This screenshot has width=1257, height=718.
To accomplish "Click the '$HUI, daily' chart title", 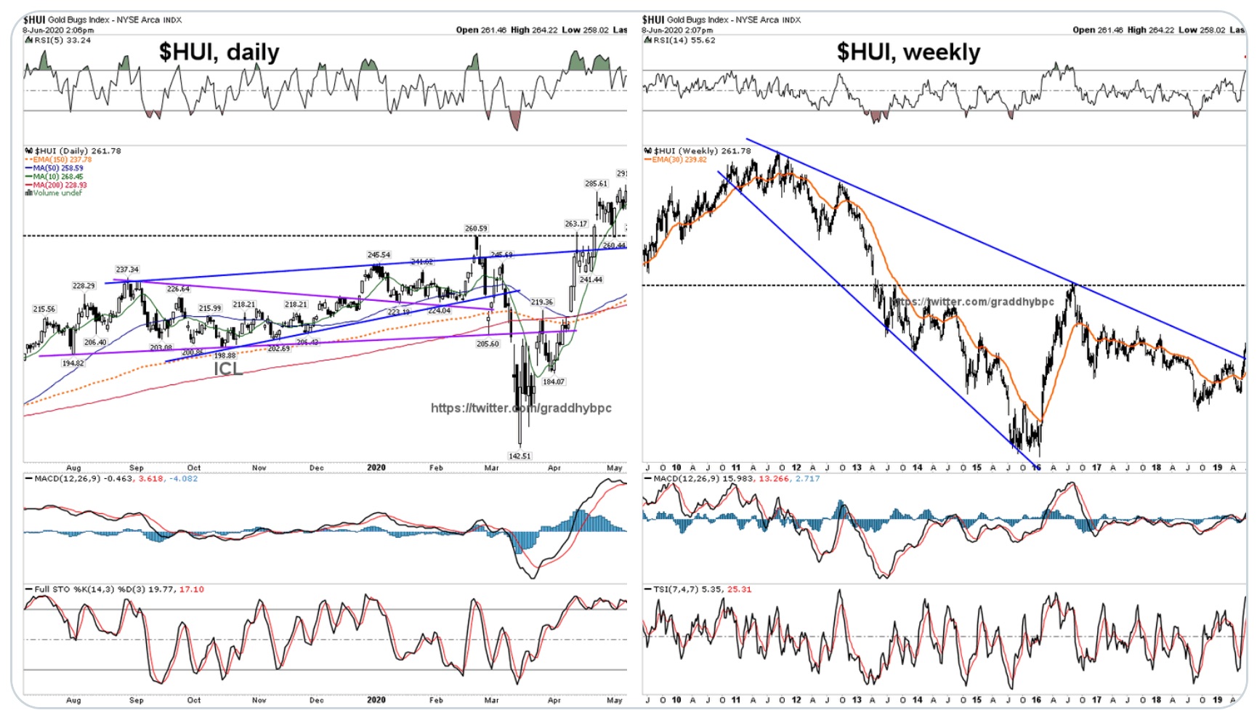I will pyautogui.click(x=219, y=52).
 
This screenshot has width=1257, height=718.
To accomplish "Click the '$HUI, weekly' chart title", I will pyautogui.click(x=908, y=52).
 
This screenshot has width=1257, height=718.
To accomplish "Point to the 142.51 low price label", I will pyautogui.click(x=520, y=456).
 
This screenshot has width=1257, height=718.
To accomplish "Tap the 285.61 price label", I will pyautogui.click(x=596, y=184).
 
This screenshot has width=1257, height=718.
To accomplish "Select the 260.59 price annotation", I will pyautogui.click(x=476, y=228).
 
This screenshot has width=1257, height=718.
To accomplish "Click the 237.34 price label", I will pyautogui.click(x=127, y=270).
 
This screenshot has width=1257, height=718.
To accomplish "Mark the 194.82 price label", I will pyautogui.click(x=73, y=363).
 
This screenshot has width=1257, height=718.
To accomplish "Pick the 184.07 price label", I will pyautogui.click(x=554, y=382).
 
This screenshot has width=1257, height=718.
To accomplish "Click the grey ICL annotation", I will pyautogui.click(x=227, y=368).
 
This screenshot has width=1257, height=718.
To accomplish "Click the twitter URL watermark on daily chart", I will pyautogui.click(x=521, y=408).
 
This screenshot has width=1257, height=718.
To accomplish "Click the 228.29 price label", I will pyautogui.click(x=84, y=286).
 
